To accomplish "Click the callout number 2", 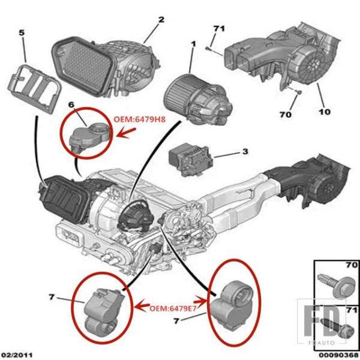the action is pos(161,20).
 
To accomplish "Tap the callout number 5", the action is pos(22,33).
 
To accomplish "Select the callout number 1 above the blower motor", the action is pos(193,44).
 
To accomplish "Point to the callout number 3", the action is pos(245,152).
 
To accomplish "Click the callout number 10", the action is pos(325,112).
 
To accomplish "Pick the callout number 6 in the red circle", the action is pos(71,105).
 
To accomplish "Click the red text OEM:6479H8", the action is pos(140,119).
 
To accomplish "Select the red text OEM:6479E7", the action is pos(173,308).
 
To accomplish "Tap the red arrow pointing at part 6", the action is pos(126,133).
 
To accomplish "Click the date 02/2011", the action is pos(16,355).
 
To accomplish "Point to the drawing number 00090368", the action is pos(342,355).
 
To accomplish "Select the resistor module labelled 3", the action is pos(191,159).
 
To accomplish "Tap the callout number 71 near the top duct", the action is pos(219,29).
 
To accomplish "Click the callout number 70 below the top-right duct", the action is pos(286,114).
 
